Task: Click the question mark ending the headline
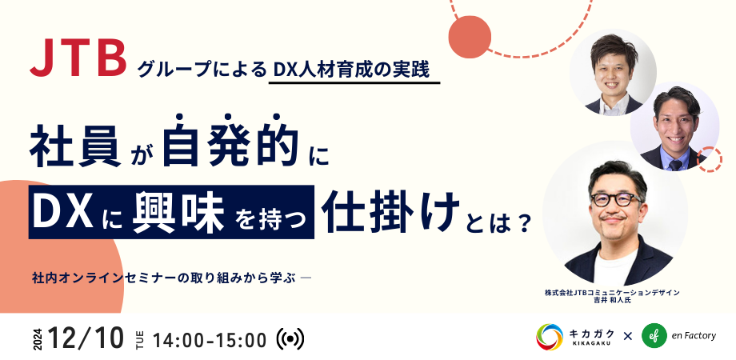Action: click(x=523, y=222)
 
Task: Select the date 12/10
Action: click(x=86, y=338)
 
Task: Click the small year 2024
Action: click(x=38, y=338)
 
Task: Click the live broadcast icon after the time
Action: click(x=290, y=338)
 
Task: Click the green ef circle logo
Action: click(x=662, y=336)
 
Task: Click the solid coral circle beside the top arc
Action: click(x=469, y=35)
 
